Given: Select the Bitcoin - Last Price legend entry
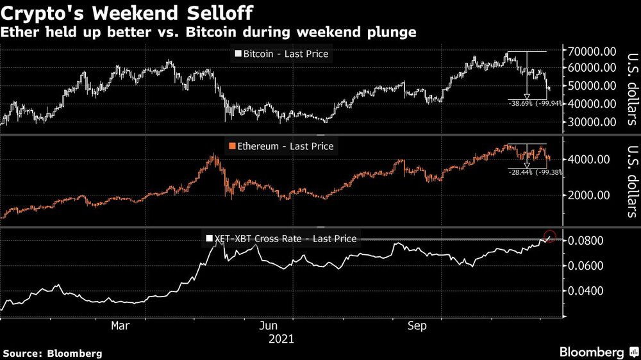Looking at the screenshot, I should click(282, 54).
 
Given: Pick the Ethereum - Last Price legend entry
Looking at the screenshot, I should click(281, 146).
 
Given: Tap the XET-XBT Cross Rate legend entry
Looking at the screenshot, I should click(281, 239).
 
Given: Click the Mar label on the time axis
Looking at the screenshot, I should click(121, 325).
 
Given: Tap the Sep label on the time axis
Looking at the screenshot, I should click(418, 325).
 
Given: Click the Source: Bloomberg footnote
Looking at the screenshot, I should click(53, 353).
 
